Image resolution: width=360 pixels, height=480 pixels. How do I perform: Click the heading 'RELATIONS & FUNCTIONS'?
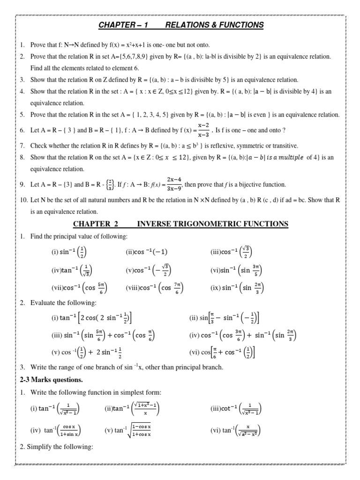point(219,25)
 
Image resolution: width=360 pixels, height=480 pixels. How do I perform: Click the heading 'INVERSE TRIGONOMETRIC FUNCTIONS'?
point(212,224)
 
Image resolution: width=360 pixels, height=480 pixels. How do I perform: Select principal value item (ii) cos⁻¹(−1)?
point(146,252)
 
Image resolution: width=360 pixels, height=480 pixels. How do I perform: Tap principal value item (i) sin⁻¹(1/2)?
point(69,252)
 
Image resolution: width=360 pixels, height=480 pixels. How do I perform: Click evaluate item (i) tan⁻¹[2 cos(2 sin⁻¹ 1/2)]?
point(91,318)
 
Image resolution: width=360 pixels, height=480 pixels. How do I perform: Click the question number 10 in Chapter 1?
point(24,200)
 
